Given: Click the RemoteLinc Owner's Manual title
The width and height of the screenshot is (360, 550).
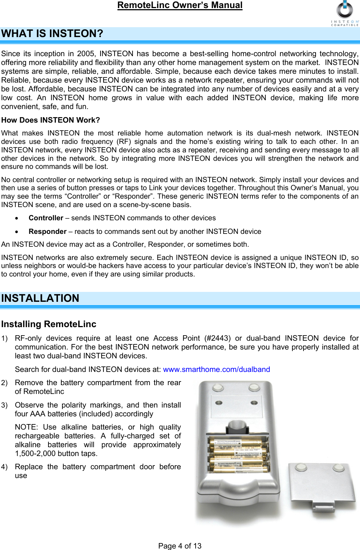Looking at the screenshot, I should [x=180, y=6].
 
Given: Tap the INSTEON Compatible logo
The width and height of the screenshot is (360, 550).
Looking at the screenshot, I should [x=345, y=14].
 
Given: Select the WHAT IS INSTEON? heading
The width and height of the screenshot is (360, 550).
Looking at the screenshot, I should [x=52, y=34].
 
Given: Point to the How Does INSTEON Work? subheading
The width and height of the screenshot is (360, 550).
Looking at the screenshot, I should [x=51, y=120].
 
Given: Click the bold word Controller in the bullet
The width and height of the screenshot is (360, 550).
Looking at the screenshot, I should [x=46, y=218].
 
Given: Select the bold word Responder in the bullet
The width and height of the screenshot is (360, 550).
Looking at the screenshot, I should [x=48, y=232].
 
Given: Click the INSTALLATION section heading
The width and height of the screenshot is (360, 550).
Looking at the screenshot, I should [x=40, y=298].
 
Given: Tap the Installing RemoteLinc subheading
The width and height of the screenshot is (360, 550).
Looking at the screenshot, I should [x=49, y=324].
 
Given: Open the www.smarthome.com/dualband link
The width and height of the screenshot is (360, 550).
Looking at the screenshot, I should [x=217, y=369].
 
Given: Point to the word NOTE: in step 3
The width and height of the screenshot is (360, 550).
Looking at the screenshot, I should [x=26, y=427].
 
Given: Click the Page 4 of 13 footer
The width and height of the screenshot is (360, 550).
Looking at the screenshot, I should [x=180, y=546].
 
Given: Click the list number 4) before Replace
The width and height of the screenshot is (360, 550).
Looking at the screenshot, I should [x=4, y=467].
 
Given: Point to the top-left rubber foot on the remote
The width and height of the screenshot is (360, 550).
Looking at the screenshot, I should [x=218, y=387].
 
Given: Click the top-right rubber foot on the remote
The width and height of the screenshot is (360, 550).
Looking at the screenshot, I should [x=254, y=387].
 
